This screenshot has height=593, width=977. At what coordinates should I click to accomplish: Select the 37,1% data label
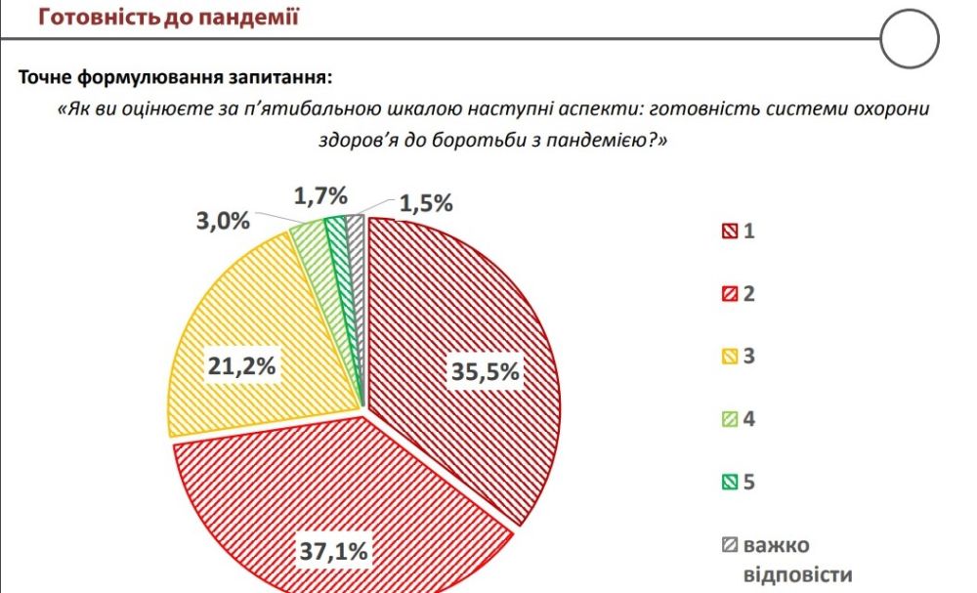[333, 551]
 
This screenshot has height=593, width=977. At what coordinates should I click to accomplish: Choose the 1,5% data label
[426, 203]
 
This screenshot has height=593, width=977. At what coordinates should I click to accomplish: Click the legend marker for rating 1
[728, 232]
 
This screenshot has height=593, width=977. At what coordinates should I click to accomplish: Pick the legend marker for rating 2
[728, 294]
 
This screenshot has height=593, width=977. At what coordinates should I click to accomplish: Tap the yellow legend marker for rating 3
[728, 357]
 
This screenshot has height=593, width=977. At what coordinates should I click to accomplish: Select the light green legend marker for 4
[728, 420]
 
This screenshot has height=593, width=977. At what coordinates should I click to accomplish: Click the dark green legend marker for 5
[728, 483]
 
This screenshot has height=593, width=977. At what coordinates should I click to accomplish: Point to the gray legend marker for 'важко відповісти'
[728, 545]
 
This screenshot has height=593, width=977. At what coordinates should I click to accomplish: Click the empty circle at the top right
[909, 39]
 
